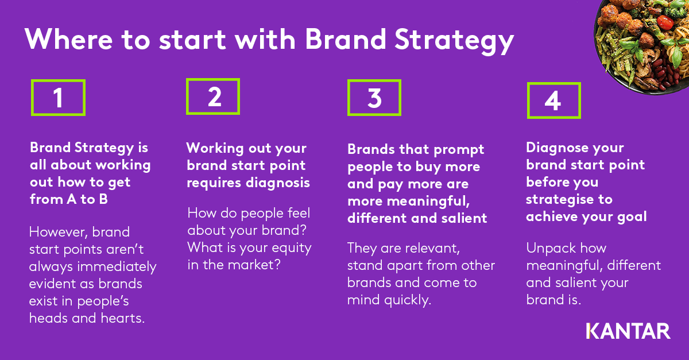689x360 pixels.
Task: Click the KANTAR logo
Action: click(628, 331)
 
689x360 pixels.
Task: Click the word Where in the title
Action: click(68, 40)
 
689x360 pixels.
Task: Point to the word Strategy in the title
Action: click(454, 41)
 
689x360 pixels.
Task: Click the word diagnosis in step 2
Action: click(278, 183)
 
